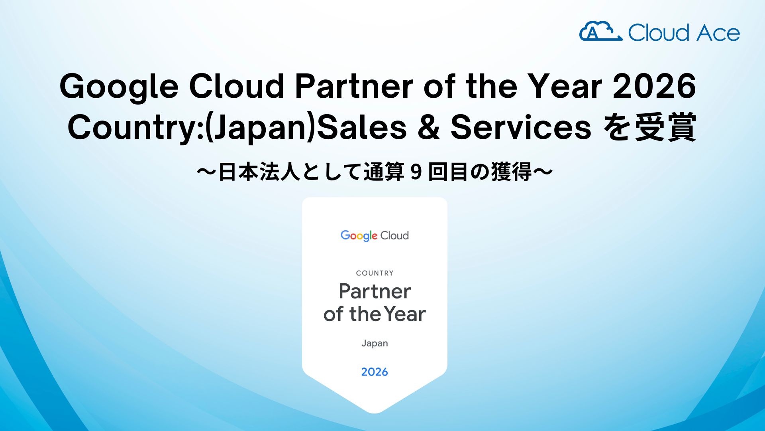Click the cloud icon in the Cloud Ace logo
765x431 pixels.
(x=600, y=31)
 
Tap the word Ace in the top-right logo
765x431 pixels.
(x=718, y=33)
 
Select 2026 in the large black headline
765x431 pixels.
(x=654, y=86)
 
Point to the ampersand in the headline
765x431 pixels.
(x=429, y=127)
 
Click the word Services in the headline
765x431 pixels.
(x=521, y=127)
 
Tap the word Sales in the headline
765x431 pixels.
(x=362, y=127)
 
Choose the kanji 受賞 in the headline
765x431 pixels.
(x=666, y=127)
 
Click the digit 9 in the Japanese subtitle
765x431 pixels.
(x=416, y=172)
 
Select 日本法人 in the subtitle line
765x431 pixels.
(x=259, y=172)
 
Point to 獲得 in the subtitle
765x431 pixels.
(x=511, y=172)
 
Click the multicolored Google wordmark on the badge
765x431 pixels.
(x=359, y=236)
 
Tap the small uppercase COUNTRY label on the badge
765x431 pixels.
(x=375, y=273)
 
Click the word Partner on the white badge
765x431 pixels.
(x=375, y=291)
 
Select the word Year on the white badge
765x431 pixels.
(x=405, y=314)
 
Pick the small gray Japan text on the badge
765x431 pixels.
(x=375, y=344)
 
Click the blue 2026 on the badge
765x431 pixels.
(x=375, y=372)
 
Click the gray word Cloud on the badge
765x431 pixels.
(x=394, y=235)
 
